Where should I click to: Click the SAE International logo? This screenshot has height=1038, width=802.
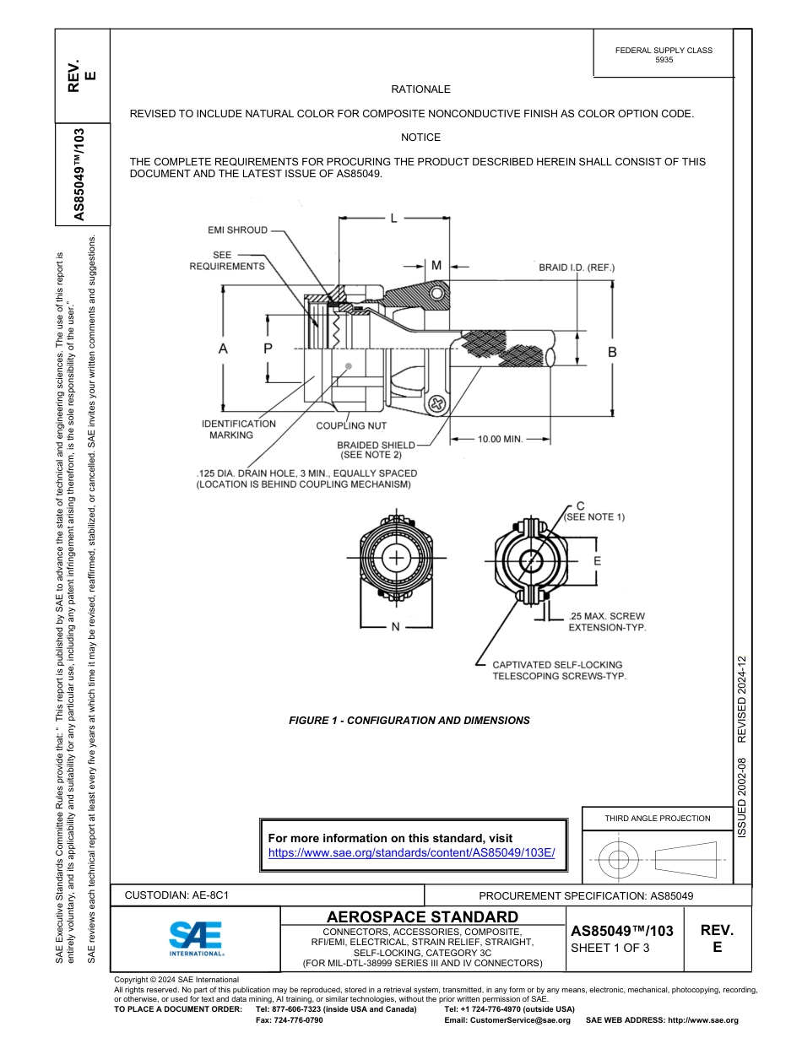(x=196, y=938)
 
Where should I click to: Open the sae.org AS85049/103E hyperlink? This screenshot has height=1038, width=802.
(x=411, y=853)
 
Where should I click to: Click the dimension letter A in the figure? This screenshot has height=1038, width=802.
(x=223, y=348)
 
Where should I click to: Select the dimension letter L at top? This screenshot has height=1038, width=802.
(x=393, y=219)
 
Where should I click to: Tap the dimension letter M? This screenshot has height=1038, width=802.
(x=436, y=265)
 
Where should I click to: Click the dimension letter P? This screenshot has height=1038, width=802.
(x=268, y=348)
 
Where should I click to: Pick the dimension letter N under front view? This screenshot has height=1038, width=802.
(x=395, y=627)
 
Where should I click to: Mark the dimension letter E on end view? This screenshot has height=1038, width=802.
(x=597, y=561)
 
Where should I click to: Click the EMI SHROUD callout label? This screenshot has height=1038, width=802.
(x=237, y=230)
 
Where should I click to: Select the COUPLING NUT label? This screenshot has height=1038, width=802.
(x=351, y=426)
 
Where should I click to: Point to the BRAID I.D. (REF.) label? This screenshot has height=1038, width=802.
(x=577, y=268)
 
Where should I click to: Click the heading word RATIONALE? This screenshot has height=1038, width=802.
(x=420, y=89)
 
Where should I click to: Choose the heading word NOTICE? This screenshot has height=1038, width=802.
(x=420, y=137)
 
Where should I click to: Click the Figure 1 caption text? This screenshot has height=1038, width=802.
(x=409, y=721)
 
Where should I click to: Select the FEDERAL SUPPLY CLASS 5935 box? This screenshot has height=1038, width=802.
(x=664, y=55)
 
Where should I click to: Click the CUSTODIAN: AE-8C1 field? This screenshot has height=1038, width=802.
(x=177, y=895)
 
